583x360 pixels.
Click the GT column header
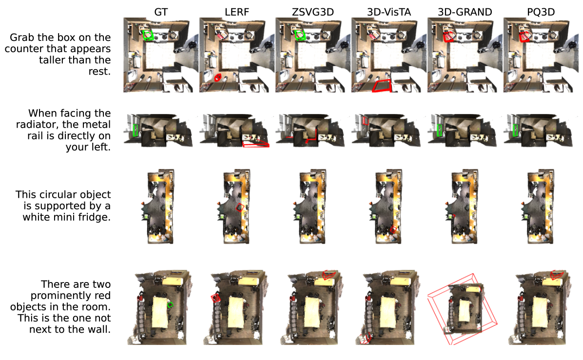click(x=161, y=12)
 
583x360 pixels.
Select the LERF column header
click(x=237, y=12)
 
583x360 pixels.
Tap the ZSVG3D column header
click(x=312, y=12)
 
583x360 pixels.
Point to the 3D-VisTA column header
click(x=389, y=12)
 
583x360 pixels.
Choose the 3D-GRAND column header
click(x=465, y=12)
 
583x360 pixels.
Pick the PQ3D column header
click(x=541, y=12)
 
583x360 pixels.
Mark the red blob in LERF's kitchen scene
click(x=218, y=77)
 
